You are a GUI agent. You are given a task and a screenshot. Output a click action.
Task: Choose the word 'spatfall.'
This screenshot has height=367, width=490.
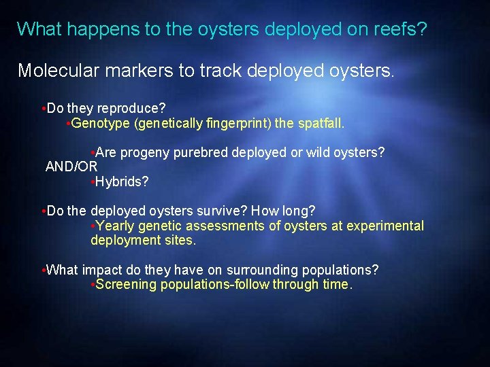(321, 123)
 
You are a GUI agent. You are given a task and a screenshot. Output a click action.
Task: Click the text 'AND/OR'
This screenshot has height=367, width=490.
(71, 167)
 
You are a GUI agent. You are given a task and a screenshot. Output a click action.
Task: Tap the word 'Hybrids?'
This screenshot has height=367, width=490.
(122, 181)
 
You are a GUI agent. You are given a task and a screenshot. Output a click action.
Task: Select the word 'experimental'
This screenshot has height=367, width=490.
(385, 226)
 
